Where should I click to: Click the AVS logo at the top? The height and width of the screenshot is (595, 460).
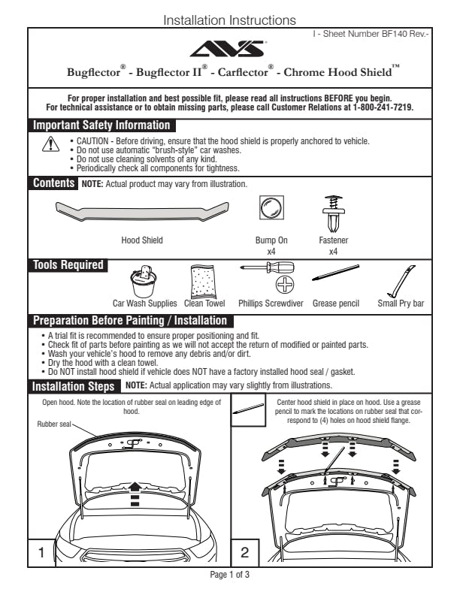(x=229, y=49)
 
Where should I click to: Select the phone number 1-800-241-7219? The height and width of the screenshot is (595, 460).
(x=382, y=107)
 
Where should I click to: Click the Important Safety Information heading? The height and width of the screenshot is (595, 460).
(x=101, y=125)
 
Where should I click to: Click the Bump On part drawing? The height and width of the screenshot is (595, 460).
(x=271, y=209)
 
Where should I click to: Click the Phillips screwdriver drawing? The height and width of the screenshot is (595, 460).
(x=271, y=273)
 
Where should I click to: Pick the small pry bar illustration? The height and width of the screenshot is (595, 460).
(x=401, y=281)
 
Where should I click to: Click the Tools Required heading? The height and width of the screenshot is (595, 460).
(x=67, y=264)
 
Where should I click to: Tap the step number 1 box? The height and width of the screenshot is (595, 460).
(x=41, y=552)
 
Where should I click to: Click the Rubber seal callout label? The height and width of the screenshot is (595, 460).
(x=53, y=424)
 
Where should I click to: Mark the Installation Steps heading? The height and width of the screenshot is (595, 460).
(x=74, y=387)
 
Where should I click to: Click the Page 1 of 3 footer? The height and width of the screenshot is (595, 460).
(x=229, y=575)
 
